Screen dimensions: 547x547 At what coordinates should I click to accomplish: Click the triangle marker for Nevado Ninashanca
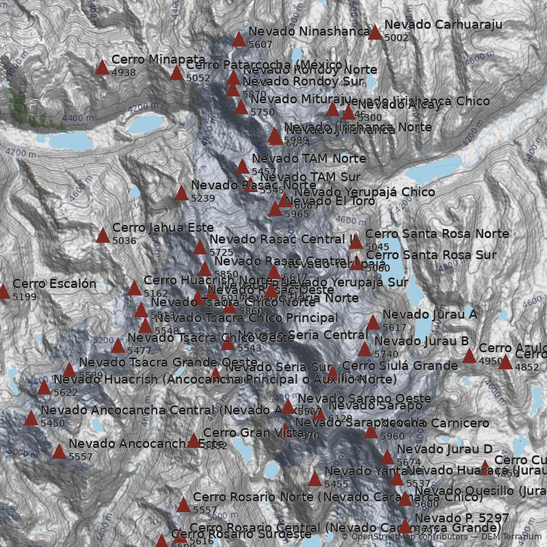coord(239,39)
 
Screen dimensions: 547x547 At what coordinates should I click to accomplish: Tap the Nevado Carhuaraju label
coord(443,25)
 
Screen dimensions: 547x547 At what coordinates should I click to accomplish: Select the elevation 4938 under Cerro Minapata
coord(124,72)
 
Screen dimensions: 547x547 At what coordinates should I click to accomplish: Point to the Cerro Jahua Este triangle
coord(103,236)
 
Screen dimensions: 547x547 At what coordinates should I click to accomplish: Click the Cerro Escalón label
coord(55,284)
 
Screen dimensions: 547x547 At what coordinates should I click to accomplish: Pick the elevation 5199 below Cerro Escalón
coord(25,297)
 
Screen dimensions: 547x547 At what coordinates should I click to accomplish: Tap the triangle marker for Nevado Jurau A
coord(373,323)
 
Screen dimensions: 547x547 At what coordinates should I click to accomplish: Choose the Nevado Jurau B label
coord(421,341)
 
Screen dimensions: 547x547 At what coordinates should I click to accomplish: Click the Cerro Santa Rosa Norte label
coord(437,234)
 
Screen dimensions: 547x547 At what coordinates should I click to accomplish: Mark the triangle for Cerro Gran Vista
coord(194,441)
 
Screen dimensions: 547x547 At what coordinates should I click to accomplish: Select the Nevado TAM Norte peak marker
coord(242,167)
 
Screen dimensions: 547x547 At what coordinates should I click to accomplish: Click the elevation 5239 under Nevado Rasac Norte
coord(203,198)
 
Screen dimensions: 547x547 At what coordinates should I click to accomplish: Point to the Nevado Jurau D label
coord(444,449)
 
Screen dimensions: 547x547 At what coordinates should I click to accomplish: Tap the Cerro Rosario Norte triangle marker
coord(183,505)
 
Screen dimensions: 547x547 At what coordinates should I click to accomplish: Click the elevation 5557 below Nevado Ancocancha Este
coord(81,457)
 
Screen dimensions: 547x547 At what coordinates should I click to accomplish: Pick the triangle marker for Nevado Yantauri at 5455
coord(315,479)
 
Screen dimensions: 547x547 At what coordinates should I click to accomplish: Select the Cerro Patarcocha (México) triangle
coord(176,73)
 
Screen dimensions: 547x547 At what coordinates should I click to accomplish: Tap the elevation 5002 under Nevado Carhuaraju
coord(397,38)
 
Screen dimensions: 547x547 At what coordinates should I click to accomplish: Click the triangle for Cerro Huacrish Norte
coord(134,289)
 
